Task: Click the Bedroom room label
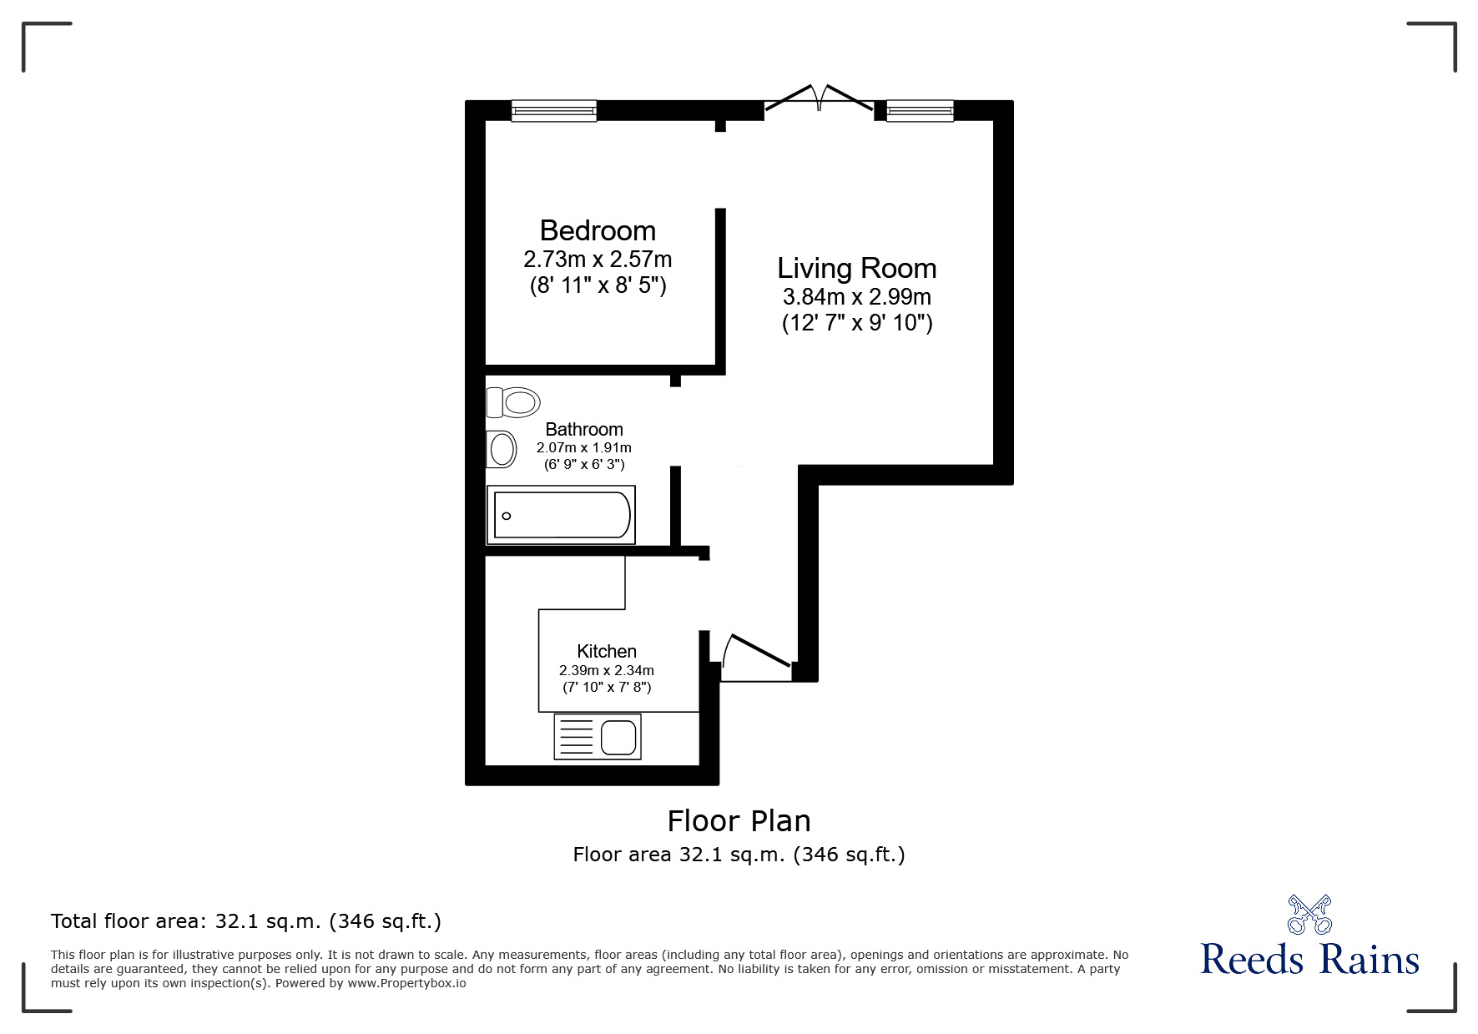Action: (598, 230)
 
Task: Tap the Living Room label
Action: (856, 268)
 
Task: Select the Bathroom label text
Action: (584, 429)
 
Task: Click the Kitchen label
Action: (607, 651)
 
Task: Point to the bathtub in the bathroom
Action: (562, 515)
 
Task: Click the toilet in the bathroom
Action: (512, 402)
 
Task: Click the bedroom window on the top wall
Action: (554, 111)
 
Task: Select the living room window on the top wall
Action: (920, 111)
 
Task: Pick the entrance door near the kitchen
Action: (755, 658)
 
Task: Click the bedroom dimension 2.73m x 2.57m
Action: (598, 259)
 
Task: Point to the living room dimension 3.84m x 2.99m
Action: (856, 296)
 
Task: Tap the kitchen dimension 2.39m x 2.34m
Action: (607, 670)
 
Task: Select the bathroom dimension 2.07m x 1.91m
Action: (584, 448)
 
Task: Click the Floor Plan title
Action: (739, 821)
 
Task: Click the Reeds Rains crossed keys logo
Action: (1309, 914)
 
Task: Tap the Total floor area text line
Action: (246, 921)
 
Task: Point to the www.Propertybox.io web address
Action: (406, 983)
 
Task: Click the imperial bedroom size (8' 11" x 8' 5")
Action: (598, 286)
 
